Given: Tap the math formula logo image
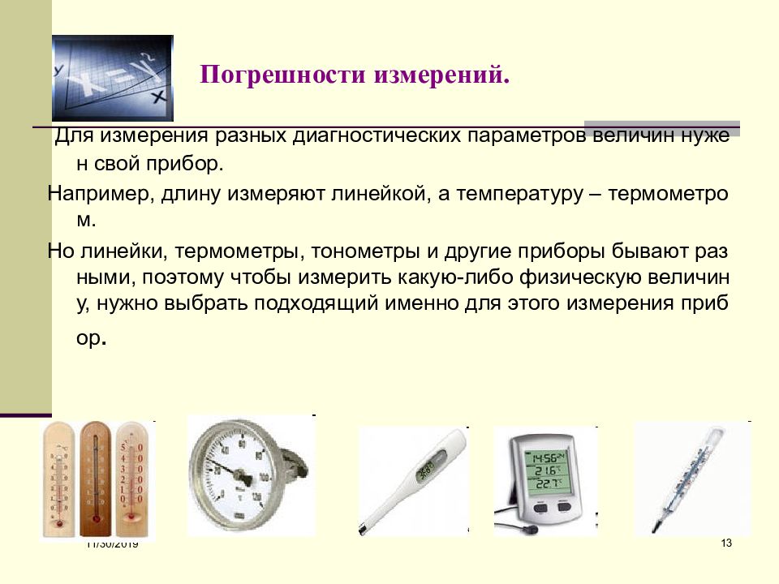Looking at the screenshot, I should (112, 78).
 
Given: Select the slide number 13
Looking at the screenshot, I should (725, 543).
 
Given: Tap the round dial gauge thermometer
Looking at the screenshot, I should (239, 475).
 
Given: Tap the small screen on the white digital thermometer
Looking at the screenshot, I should (424, 469).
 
